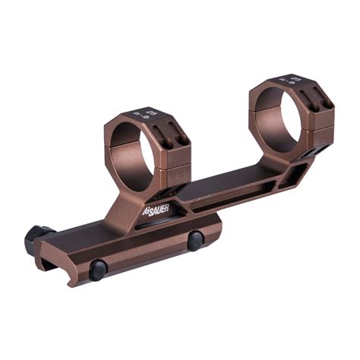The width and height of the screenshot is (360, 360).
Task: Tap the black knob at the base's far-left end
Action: (35, 238)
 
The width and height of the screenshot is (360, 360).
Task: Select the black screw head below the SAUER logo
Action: (195, 241)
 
